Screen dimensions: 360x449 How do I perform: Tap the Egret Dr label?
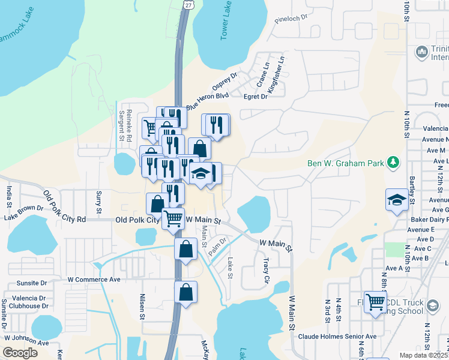coord(255,96)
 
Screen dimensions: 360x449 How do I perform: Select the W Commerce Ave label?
coord(94,279)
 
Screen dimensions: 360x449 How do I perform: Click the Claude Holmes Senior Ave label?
coord(337,337)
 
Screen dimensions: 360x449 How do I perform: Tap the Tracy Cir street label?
coord(266,270)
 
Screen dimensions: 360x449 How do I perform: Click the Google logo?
coord(20,353)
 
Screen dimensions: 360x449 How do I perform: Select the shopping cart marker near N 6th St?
coord(375,302)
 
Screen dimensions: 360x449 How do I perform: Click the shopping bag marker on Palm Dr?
coord(186,248)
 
